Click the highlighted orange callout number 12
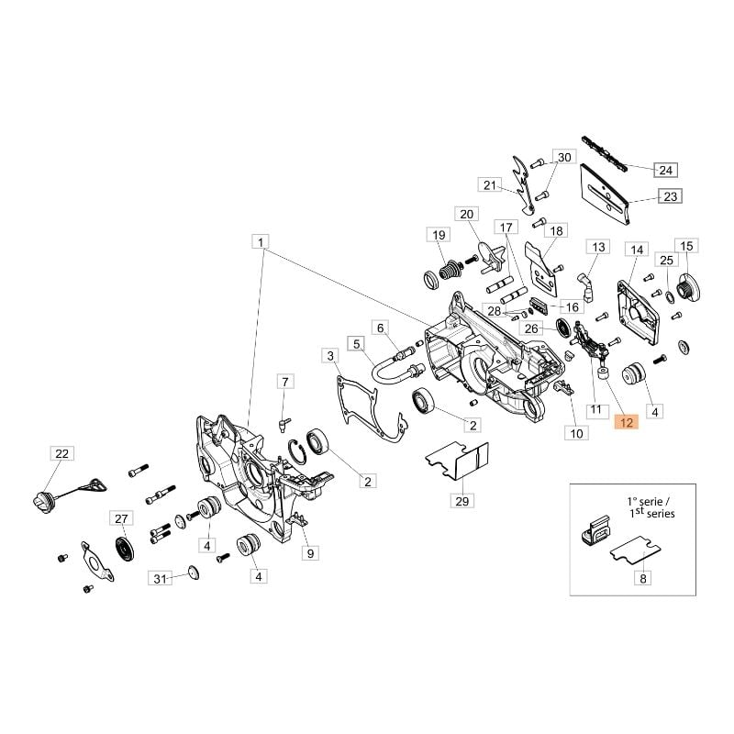pyautogui.click(x=626, y=423)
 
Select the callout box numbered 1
pyautogui.click(x=261, y=242)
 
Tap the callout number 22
pyautogui.click(x=61, y=453)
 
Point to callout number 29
pyautogui.click(x=462, y=501)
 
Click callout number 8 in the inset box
pyautogui.click(x=643, y=579)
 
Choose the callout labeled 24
pyautogui.click(x=666, y=170)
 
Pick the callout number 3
pyautogui.click(x=330, y=356)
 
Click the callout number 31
pyautogui.click(x=160, y=579)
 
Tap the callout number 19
pyautogui.click(x=439, y=235)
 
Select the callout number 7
pyautogui.click(x=285, y=382)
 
